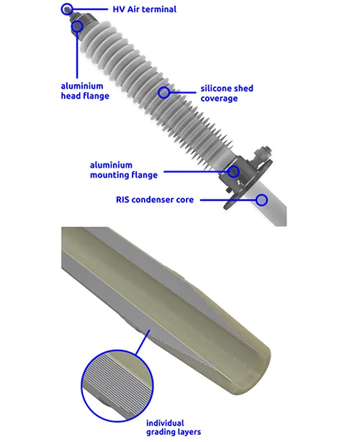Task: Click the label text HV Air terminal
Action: pyautogui.click(x=144, y=9)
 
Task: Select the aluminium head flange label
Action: pyautogui.click(x=85, y=91)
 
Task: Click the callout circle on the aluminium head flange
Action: pyautogui.click(x=77, y=21)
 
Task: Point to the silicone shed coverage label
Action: pyautogui.click(x=227, y=94)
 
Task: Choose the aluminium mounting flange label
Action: pyautogui.click(x=123, y=170)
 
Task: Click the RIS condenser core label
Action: pyautogui.click(x=155, y=199)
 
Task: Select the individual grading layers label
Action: pyautogui.click(x=174, y=428)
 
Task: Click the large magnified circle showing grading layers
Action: pyautogui.click(x=82, y=386)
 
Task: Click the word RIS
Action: pyautogui.click(x=122, y=199)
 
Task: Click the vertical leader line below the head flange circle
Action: pyautogui.click(x=77, y=55)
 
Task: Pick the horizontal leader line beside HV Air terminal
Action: pyautogui.click(x=90, y=9)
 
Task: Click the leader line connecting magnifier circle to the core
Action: pyautogui.click(x=143, y=342)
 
